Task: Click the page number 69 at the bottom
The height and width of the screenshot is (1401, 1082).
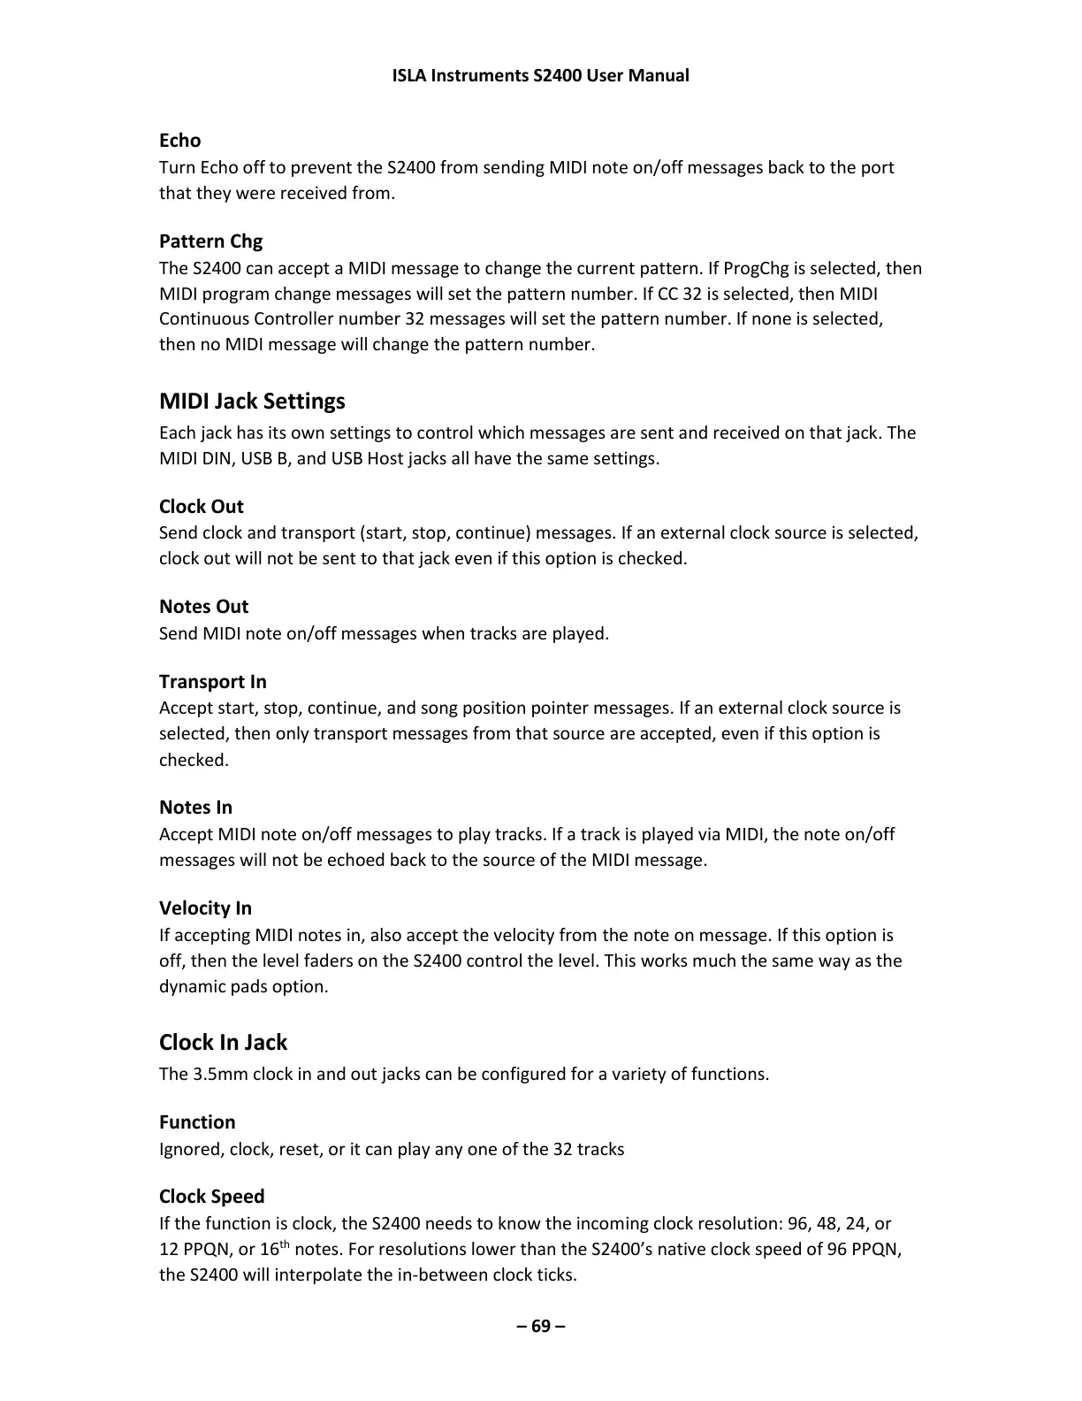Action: click(540, 1326)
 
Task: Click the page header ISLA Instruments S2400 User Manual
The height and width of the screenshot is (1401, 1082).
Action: click(540, 75)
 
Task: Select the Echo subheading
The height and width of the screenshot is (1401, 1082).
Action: click(179, 141)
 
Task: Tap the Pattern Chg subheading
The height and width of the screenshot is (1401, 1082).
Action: click(210, 241)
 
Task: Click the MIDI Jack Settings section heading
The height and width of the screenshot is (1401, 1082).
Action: click(252, 402)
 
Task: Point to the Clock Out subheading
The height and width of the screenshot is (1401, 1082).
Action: click(201, 507)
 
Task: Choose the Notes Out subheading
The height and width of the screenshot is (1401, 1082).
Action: click(203, 607)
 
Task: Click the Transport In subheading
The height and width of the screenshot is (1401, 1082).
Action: click(212, 682)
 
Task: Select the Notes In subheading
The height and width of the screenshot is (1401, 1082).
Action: click(195, 808)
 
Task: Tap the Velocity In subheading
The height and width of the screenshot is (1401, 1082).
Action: click(205, 908)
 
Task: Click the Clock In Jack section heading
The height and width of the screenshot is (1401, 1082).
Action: click(223, 1043)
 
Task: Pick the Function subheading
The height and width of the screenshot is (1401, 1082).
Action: click(197, 1122)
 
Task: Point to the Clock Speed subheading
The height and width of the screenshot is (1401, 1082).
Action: click(211, 1197)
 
